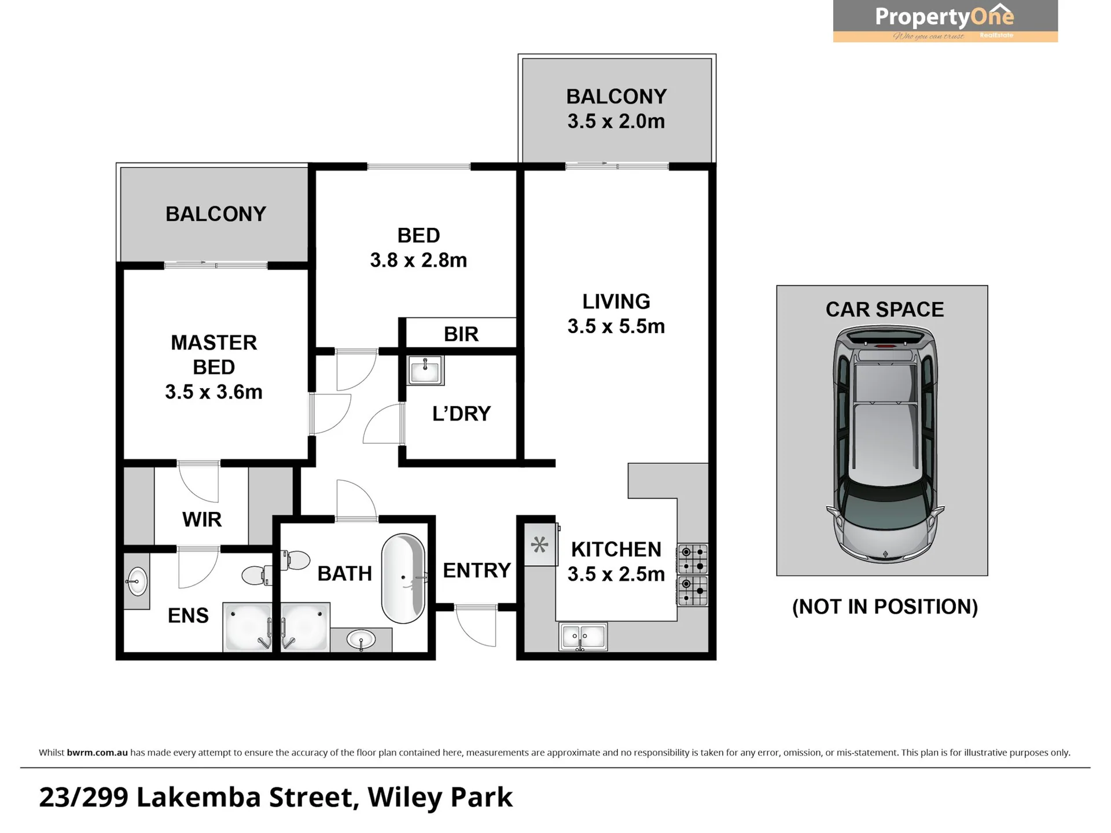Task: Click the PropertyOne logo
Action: (945, 21)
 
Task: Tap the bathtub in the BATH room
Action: (403, 578)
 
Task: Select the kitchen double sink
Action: (583, 636)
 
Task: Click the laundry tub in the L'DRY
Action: (425, 370)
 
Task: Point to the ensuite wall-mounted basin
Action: (137, 581)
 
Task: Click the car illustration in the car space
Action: (885, 444)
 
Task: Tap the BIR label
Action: (461, 334)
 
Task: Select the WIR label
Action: (202, 519)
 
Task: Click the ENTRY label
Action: (477, 570)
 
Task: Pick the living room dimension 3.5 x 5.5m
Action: (616, 326)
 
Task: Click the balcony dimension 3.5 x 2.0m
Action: (616, 121)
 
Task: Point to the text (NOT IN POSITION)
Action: (885, 607)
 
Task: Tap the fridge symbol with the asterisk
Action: (540, 544)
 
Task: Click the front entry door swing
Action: (476, 625)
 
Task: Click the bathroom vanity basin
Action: (361, 640)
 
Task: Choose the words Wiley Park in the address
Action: (440, 797)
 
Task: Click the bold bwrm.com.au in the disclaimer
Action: (97, 753)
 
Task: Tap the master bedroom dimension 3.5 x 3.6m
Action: (214, 392)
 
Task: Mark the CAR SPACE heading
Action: (885, 310)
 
